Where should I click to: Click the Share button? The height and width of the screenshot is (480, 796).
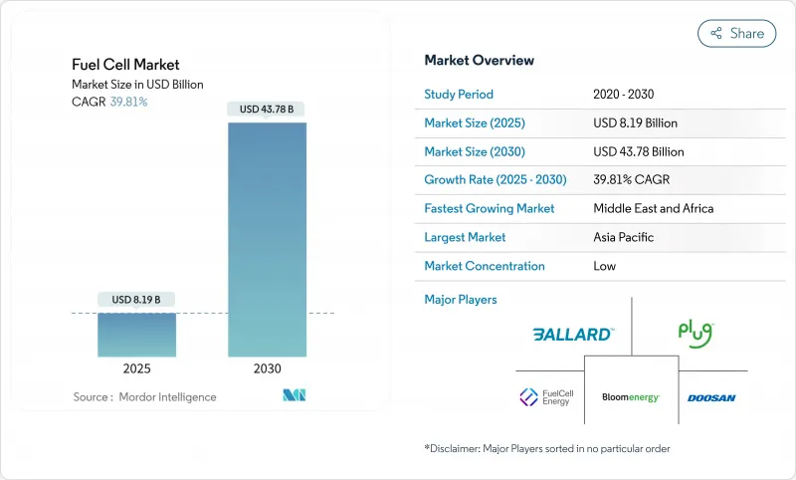pyautogui.click(x=736, y=33)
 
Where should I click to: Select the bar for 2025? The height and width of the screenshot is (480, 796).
pyautogui.click(x=136, y=335)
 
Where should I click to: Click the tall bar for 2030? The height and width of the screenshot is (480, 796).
pyautogui.click(x=268, y=239)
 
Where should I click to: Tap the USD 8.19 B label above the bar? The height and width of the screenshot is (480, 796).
pyautogui.click(x=136, y=300)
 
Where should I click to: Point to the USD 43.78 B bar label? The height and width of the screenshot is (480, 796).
pyautogui.click(x=267, y=109)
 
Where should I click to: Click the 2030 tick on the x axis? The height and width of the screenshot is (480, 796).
pyautogui.click(x=268, y=368)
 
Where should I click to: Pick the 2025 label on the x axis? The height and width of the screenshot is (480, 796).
pyautogui.click(x=136, y=368)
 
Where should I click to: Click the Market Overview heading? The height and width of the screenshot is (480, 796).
pyautogui.click(x=479, y=61)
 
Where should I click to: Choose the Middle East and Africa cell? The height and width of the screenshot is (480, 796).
pyautogui.click(x=654, y=209)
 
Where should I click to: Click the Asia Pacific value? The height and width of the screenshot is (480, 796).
pyautogui.click(x=625, y=237)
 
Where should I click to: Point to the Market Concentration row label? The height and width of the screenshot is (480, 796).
pyautogui.click(x=485, y=266)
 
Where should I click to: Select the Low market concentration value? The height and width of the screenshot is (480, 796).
pyautogui.click(x=605, y=266)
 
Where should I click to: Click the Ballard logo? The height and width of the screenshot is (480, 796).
pyautogui.click(x=572, y=335)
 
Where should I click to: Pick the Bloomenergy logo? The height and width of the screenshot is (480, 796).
pyautogui.click(x=631, y=397)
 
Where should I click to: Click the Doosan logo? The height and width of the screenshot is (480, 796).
pyautogui.click(x=711, y=398)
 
